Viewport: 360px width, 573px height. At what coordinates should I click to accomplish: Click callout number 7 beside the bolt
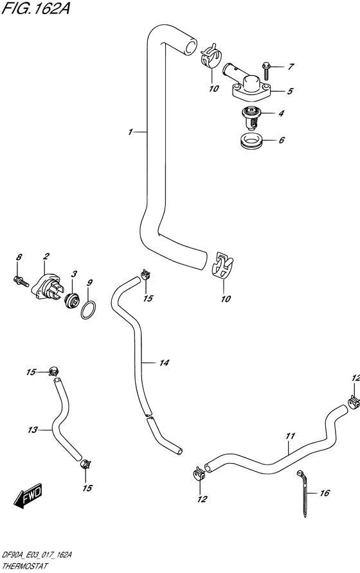(291, 67)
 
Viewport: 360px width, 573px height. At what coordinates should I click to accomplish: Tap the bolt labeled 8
(21, 279)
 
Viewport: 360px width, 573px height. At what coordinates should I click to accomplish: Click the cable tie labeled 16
(303, 495)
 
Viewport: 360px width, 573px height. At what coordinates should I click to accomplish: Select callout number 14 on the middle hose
(164, 364)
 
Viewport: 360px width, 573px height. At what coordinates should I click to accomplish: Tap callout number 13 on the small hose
(33, 429)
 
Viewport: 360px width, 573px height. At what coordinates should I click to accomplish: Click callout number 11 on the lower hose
(290, 437)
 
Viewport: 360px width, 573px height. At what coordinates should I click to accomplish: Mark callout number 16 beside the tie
(324, 494)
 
